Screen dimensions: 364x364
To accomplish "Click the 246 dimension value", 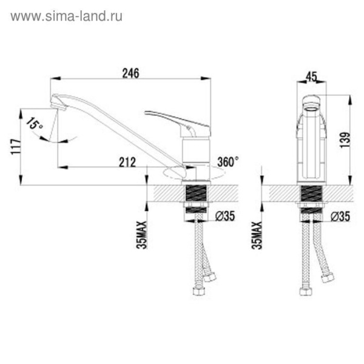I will (130, 73).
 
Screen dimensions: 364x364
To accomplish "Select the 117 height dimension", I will (16, 147).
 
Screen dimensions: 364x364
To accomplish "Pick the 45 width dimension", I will (312, 76).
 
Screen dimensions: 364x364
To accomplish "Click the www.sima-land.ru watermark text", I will (66, 16).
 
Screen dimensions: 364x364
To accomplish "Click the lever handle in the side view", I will (170, 117).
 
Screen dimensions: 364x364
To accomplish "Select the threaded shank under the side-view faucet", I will (195, 195).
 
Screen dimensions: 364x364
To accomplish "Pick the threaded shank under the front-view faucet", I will (311, 195).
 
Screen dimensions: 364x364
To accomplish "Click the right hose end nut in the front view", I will (328, 278).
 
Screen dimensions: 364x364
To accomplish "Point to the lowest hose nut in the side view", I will (198, 291).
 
